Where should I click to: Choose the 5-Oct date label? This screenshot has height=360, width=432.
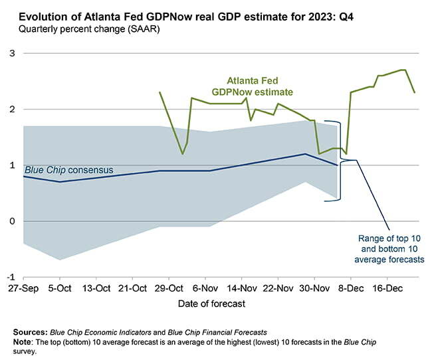coord(60,289)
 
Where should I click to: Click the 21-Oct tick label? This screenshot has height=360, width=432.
coord(133,289)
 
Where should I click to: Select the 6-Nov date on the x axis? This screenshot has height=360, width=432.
coord(205,289)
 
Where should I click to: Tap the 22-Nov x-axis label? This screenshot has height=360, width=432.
coord(278,289)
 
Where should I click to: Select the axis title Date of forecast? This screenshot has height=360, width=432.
coord(211,304)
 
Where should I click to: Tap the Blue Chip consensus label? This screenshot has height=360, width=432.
coord(68,170)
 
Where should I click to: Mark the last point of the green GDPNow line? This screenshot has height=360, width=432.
coord(415,92)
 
